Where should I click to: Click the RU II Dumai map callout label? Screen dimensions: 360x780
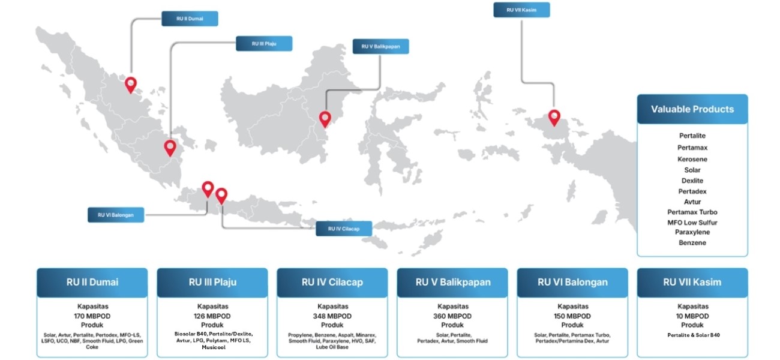click(190, 19)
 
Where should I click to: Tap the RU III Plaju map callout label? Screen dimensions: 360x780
click(264, 43)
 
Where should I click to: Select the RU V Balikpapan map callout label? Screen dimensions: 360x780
click(381, 46)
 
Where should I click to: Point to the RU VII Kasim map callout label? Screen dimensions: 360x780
click(521, 10)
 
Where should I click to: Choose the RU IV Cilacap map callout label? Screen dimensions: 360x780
click(344, 229)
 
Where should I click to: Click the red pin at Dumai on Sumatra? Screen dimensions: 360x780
click(131, 85)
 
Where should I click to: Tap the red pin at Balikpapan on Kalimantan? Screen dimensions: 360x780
click(325, 119)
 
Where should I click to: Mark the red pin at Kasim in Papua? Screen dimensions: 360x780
click(554, 117)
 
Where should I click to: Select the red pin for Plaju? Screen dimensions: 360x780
click(170, 147)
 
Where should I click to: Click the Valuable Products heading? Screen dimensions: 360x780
click(692, 109)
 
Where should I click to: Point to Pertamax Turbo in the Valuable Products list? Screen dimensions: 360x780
click(692, 212)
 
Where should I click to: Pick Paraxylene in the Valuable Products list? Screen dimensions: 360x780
click(692, 232)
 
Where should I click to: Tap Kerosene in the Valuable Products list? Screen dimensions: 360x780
click(692, 159)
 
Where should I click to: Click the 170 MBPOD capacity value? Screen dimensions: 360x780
click(92, 316)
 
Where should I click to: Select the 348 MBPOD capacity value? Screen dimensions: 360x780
click(332, 316)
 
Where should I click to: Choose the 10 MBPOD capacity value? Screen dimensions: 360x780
click(692, 316)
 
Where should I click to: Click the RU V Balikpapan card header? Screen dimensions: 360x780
click(452, 282)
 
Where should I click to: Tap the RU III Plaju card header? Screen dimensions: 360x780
click(212, 282)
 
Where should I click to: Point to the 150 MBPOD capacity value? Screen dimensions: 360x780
click(572, 316)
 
